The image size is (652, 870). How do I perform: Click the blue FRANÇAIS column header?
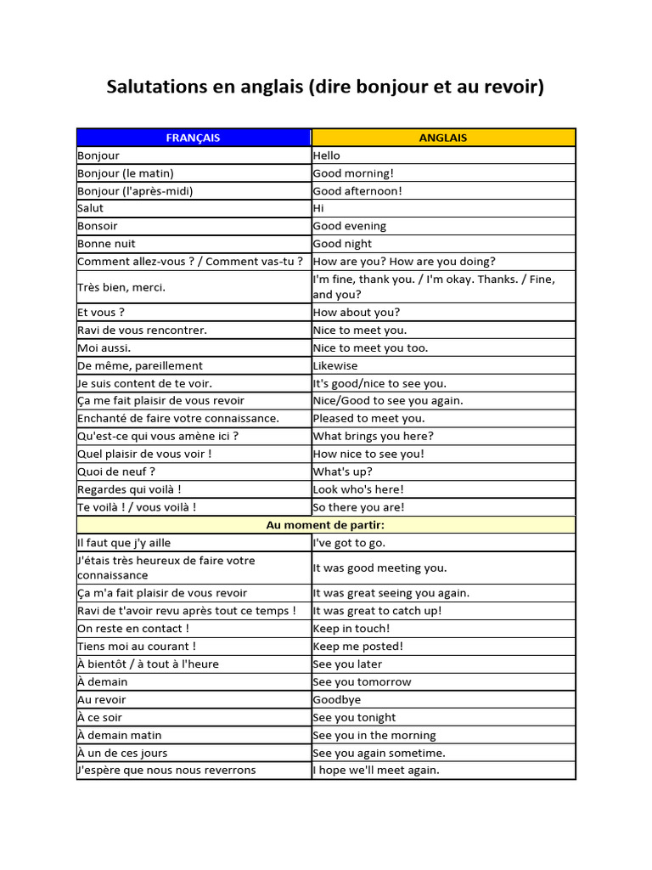pos(193,138)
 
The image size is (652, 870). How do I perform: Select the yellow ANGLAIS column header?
pos(443,138)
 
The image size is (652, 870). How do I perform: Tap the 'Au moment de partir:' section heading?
pos(326,525)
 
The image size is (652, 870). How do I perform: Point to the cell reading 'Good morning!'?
pos(353,173)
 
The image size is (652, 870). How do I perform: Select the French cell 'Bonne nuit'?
pos(106,244)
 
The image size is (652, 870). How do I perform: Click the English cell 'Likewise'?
pos(335,365)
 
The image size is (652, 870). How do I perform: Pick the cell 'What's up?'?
pos(342,472)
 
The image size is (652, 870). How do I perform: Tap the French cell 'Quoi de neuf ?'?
pos(116,472)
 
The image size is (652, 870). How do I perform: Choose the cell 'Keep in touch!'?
pos(351,629)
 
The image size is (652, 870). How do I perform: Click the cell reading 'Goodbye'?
pos(337,700)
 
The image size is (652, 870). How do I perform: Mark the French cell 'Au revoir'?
pos(102,700)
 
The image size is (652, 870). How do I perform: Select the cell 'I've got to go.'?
pos(349,543)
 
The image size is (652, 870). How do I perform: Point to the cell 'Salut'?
pos(91,208)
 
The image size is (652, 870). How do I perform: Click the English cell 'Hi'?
pos(318,208)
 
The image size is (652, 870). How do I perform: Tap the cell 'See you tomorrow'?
pos(362,682)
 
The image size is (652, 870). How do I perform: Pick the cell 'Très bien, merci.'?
pos(121,287)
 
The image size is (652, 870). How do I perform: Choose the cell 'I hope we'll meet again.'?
pos(376,771)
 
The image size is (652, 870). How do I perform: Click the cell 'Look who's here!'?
pos(358,489)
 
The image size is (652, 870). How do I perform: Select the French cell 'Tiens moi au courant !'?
pos(137,647)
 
